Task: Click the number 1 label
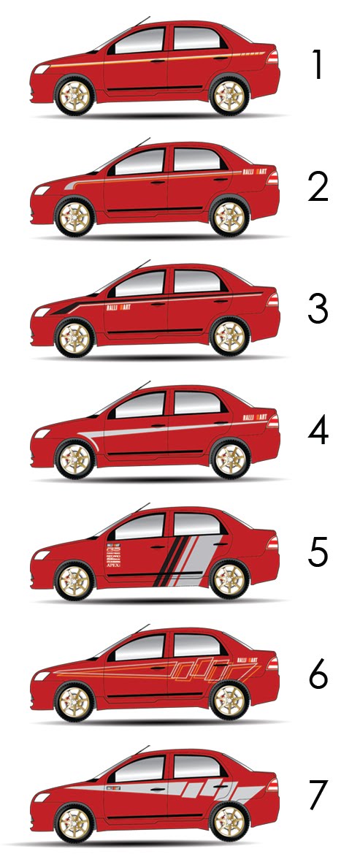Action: pos(318,66)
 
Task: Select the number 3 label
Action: pos(318,310)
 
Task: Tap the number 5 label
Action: pos(318,553)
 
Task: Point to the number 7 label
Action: pos(318,796)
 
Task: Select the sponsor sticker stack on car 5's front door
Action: pos(113,554)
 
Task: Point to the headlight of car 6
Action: pos(42,676)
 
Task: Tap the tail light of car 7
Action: pos(272,785)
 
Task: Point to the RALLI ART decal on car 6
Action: pos(248,660)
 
